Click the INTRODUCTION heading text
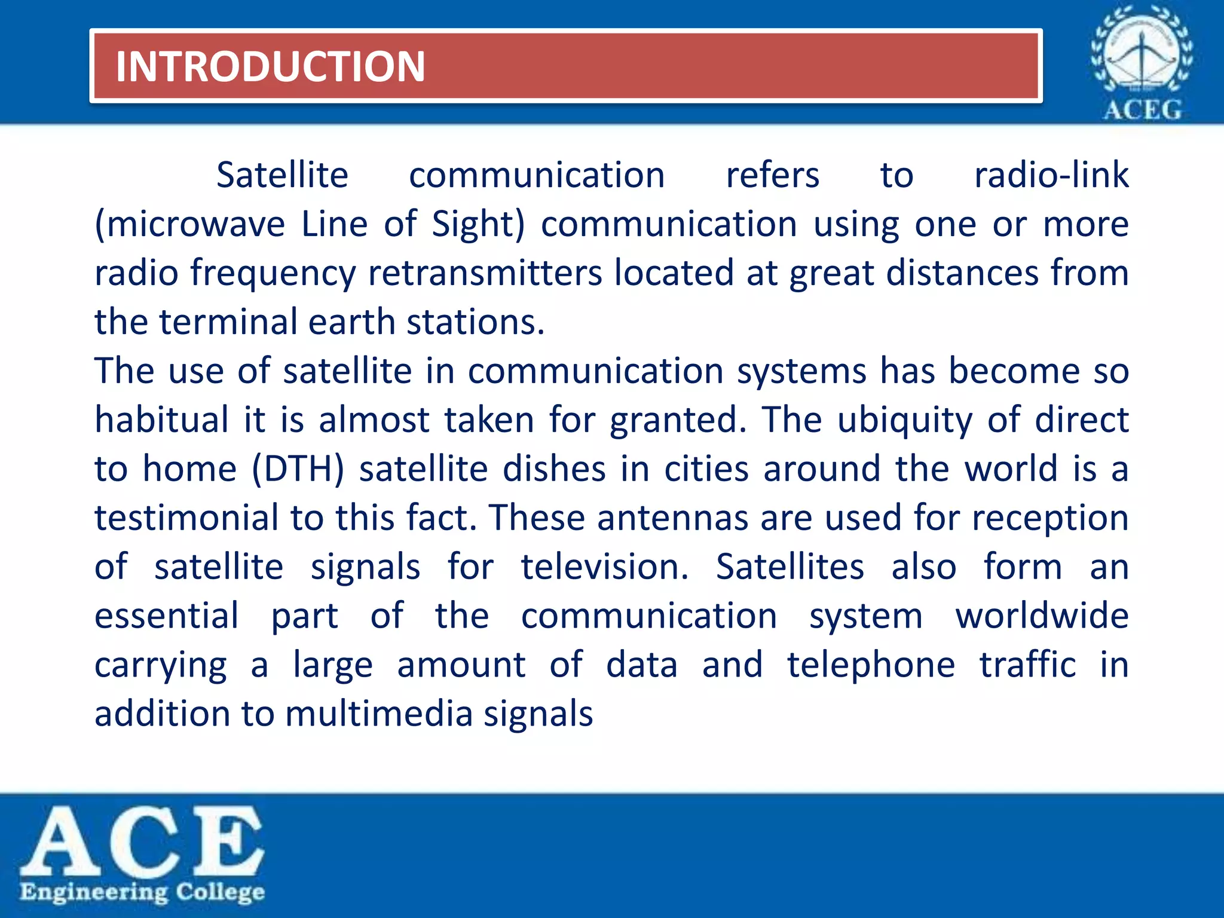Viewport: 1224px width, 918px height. point(270,66)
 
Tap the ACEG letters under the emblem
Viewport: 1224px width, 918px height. point(1142,110)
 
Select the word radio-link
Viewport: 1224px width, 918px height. point(1051,175)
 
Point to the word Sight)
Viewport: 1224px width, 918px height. point(478,225)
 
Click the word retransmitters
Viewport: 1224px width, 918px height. point(485,273)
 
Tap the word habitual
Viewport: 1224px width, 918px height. point(161,420)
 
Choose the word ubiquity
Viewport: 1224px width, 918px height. point(905,421)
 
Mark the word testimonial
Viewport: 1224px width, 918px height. point(186,518)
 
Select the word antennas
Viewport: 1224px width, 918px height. point(672,518)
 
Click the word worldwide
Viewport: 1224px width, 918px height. point(1042,616)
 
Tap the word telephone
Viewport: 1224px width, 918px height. point(871,665)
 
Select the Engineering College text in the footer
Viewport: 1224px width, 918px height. point(142,892)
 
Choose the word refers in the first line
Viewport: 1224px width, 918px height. point(772,175)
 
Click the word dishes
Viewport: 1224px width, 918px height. point(554,469)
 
